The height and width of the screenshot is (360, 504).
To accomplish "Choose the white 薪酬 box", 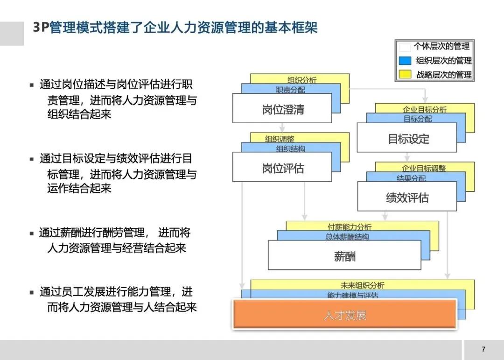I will point(344,255).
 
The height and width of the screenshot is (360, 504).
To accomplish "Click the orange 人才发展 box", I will point(344,314).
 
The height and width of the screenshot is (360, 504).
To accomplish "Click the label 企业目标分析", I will point(424,109).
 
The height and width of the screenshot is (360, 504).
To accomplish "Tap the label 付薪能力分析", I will point(350,227).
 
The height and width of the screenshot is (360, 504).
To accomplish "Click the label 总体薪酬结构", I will point(347,237).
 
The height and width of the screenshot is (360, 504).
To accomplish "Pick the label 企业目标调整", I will point(424,168).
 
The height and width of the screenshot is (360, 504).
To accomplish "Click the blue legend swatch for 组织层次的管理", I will point(405,61).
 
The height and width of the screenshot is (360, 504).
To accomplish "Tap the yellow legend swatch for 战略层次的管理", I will point(405,74).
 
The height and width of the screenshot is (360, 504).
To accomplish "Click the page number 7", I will point(483,349).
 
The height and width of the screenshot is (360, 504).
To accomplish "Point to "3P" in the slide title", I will point(41,28).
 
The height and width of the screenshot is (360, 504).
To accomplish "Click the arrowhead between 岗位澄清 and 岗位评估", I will point(282,129).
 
